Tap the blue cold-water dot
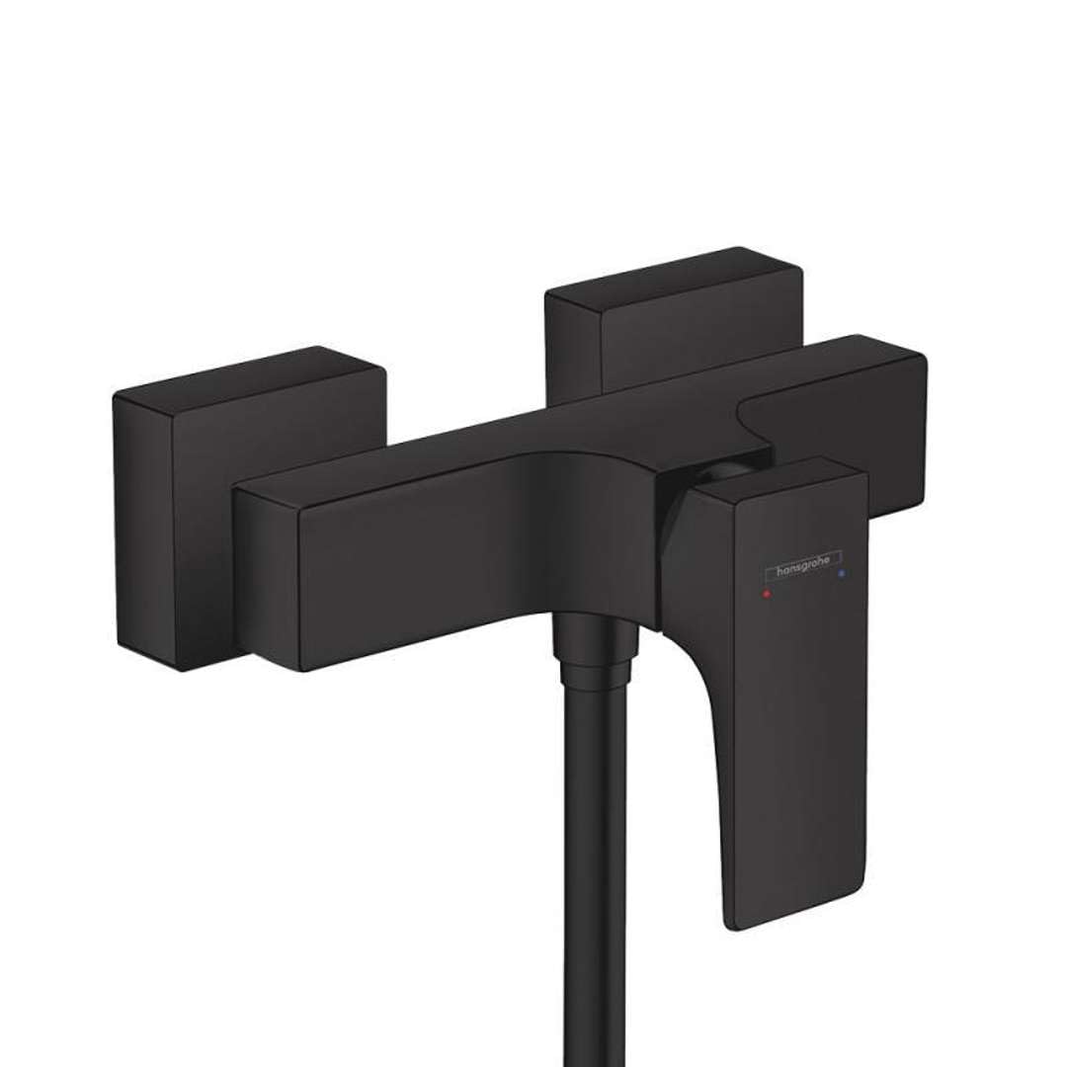pyautogui.click(x=841, y=573)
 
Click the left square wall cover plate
pyautogui.click(x=247, y=494)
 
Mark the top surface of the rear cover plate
pyautogui.click(x=672, y=272)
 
